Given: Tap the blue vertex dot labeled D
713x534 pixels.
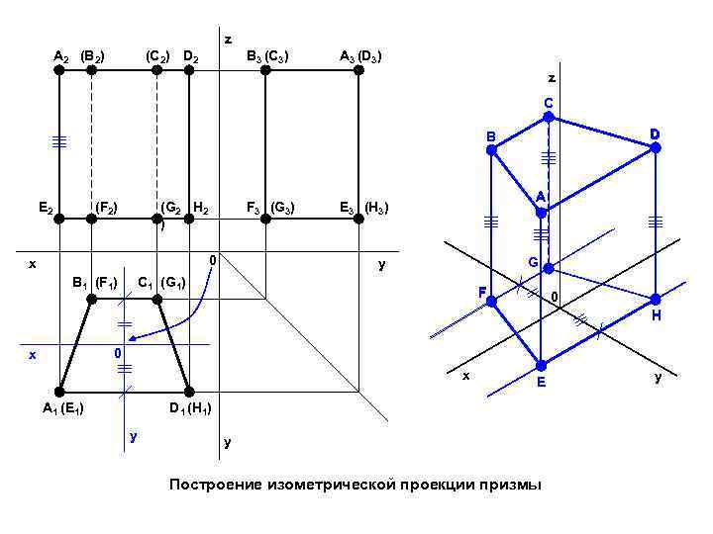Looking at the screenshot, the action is coord(655,148).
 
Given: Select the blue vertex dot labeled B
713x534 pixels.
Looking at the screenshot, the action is coord(490,150).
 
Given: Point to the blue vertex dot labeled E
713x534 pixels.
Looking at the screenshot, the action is coord(541,365).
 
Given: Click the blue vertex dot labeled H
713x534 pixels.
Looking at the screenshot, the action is coord(655,299).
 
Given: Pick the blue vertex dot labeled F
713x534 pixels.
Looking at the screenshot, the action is coord(491,301).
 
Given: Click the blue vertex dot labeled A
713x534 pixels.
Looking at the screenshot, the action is coord(541,213).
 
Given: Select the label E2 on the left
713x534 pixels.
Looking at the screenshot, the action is coord(45,208).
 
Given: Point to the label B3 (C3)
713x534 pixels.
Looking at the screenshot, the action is coord(267,56).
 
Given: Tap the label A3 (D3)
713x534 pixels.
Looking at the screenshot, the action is coord(361,56).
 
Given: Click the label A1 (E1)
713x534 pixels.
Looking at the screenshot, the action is coord(62,408).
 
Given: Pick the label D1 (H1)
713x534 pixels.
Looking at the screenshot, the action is coord(189,408).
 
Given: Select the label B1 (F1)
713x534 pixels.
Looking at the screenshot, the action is coord(95,284).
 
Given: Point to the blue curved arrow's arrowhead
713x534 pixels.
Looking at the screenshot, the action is coord(132,339).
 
